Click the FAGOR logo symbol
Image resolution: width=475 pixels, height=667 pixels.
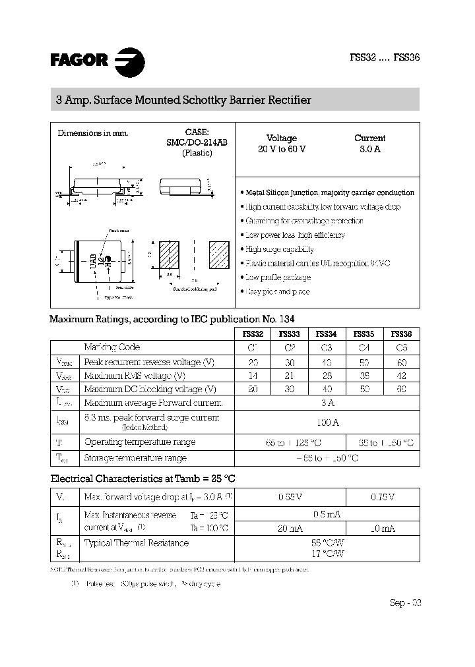(129, 62)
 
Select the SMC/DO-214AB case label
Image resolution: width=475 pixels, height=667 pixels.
(197, 142)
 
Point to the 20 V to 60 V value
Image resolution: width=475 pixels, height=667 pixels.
(282, 149)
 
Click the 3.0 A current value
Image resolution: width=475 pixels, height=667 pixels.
(369, 149)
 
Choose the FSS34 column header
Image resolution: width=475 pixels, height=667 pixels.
(325, 333)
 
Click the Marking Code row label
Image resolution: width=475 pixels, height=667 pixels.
(112, 347)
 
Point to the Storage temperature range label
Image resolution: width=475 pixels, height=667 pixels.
(135, 457)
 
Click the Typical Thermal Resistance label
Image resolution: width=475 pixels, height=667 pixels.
(137, 543)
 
